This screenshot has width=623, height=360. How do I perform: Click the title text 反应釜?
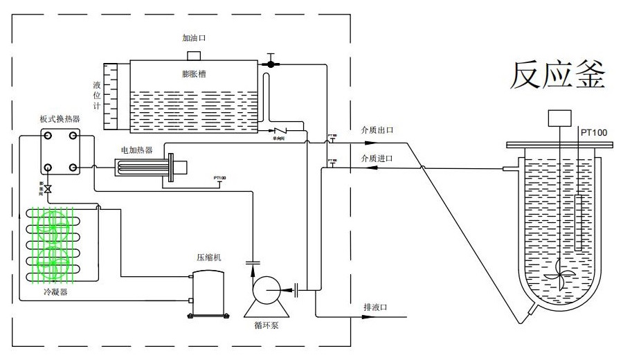[558, 76]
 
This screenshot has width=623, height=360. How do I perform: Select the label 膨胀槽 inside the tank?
[193, 73]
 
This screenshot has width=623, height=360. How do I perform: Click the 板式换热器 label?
[60, 118]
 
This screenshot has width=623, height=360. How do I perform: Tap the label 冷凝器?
[55, 293]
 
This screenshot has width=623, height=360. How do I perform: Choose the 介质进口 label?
[377, 159]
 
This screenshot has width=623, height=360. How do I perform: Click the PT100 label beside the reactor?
[593, 132]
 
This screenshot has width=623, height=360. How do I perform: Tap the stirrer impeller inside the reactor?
[559, 273]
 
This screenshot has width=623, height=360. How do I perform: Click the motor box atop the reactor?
[559, 118]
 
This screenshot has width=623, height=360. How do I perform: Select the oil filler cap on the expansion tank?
[194, 55]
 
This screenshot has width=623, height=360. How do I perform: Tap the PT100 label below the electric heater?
[219, 178]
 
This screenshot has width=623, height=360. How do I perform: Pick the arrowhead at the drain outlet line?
[404, 317]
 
